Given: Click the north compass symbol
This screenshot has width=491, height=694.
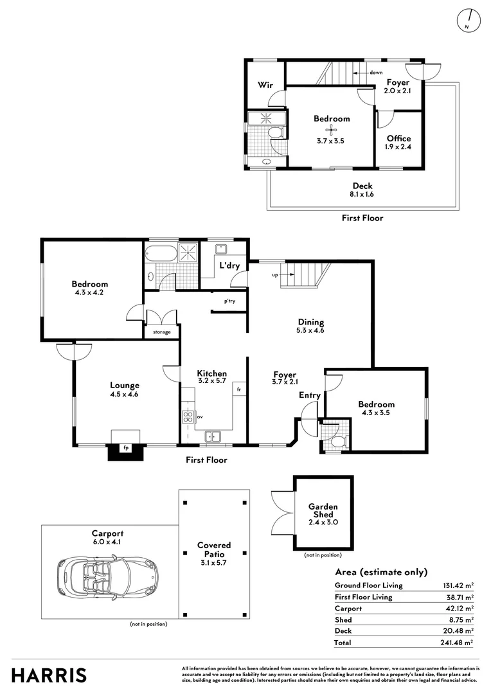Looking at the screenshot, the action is (x=468, y=21).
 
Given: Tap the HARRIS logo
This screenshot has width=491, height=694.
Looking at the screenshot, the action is (x=49, y=675).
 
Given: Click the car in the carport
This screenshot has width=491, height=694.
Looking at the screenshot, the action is (x=107, y=578).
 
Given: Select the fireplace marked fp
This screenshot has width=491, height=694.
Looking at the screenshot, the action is (x=126, y=448).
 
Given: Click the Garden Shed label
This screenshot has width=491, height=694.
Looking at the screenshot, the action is (x=323, y=510).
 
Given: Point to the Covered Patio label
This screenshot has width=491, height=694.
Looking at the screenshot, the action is (x=214, y=549).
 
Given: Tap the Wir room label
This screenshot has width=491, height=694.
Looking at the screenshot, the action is (x=265, y=85).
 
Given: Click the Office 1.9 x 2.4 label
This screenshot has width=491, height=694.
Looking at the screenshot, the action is (x=398, y=142).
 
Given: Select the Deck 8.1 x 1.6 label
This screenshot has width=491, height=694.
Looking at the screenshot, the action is (x=362, y=190).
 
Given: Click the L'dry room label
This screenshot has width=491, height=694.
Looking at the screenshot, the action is (x=229, y=265).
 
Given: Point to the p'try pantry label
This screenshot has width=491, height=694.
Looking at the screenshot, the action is (x=229, y=301).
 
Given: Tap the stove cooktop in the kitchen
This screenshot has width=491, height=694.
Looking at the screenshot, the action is (x=188, y=416).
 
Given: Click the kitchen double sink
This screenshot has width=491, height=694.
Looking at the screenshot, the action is (x=213, y=437).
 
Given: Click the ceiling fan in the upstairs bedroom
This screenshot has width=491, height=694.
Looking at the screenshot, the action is (x=330, y=130).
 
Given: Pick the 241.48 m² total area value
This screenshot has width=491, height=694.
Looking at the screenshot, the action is (x=457, y=642).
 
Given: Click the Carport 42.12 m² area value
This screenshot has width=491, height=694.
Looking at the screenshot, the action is (x=460, y=608).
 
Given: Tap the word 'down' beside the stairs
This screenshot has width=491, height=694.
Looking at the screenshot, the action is (x=376, y=73).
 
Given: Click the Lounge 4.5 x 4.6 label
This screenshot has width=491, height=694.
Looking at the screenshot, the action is (x=125, y=389).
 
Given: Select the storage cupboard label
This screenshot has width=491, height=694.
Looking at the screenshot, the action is (x=161, y=332).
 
